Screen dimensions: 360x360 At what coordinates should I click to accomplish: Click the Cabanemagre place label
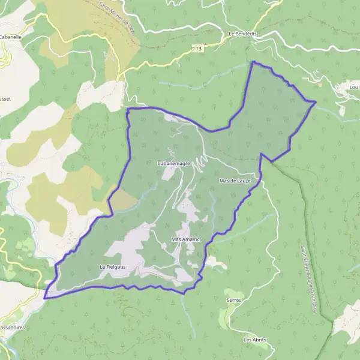(x=173, y=163)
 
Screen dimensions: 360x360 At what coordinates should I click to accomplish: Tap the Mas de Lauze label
(x=239, y=180)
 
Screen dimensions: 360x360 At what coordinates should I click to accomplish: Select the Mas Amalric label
(x=185, y=239)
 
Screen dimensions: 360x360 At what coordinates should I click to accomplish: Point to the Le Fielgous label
(x=113, y=266)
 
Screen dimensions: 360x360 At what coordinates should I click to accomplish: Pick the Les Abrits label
(x=254, y=340)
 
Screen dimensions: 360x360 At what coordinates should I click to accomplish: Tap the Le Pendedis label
(x=242, y=34)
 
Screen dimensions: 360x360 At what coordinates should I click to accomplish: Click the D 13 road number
(x=196, y=48)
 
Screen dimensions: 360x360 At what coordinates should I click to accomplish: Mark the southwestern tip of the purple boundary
(x=44, y=298)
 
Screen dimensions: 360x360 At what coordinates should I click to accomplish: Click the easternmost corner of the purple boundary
(x=316, y=102)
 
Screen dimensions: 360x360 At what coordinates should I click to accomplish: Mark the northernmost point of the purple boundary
(x=253, y=61)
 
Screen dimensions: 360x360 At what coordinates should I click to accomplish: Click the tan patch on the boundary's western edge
(x=123, y=199)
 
